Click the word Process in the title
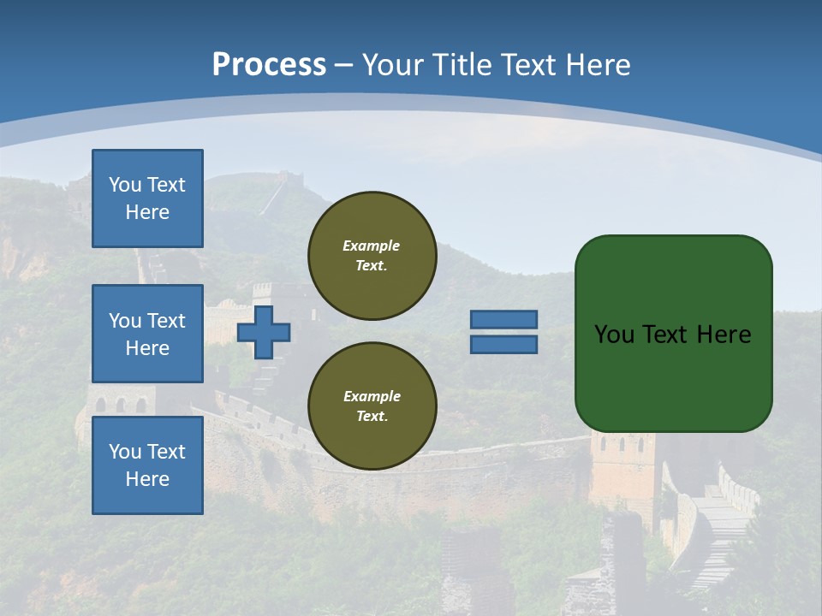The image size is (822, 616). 269,64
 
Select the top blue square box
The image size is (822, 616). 147,198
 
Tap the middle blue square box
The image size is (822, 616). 147,334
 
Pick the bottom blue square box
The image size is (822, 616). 147,465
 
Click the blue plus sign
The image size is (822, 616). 264,332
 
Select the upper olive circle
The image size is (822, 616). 372,256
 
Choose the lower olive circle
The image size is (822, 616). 372,406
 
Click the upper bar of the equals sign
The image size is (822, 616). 503,320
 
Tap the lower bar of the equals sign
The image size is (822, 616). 503,345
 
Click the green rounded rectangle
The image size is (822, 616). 673,376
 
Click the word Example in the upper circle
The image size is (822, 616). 371,246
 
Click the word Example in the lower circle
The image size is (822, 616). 372,396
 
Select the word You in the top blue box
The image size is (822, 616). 125,185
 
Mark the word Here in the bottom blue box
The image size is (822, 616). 147,479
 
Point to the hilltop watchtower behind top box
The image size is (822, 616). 289,179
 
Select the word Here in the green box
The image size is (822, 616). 724,335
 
